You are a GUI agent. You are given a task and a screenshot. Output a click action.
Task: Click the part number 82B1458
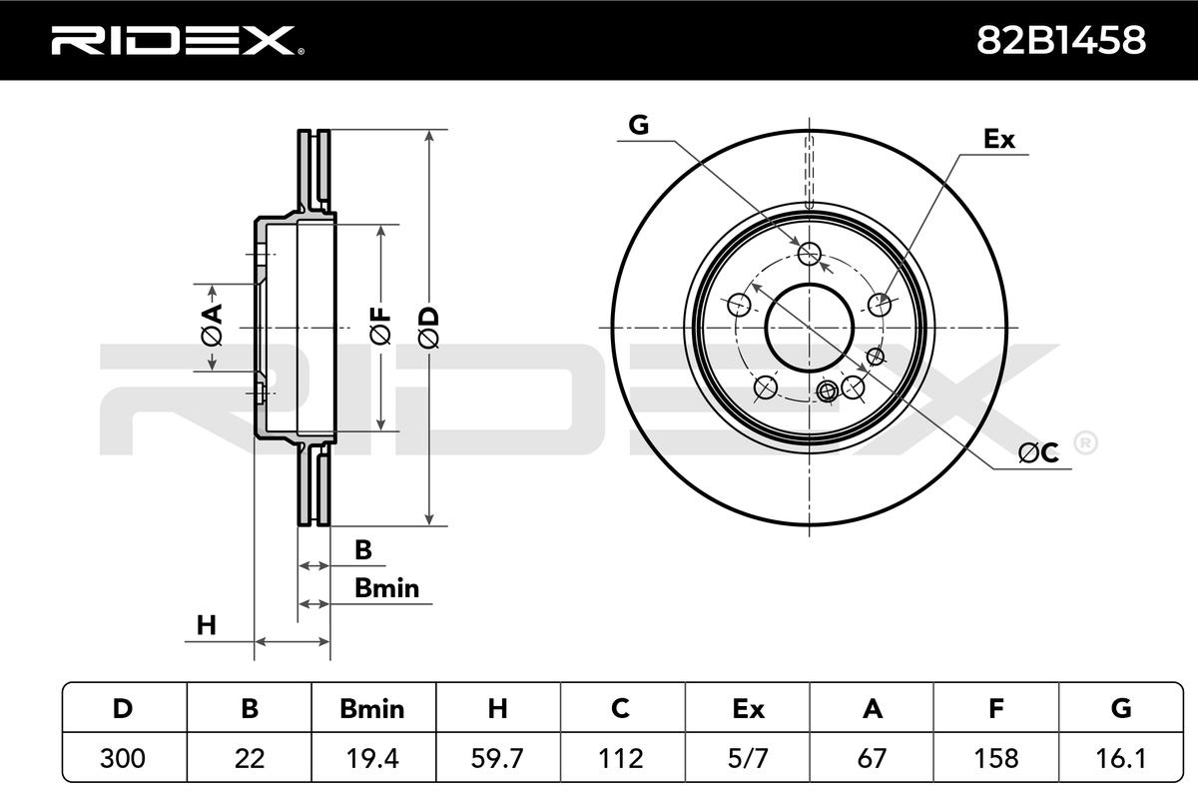pos(1061,40)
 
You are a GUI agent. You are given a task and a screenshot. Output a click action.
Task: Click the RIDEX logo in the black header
pos(178,40)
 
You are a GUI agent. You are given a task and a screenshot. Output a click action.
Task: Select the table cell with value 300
pos(123,758)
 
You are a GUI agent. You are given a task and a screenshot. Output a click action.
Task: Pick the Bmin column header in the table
pos(372,708)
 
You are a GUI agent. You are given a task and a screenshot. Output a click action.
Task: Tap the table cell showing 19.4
pos(372,758)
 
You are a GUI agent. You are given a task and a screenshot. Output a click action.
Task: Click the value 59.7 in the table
pos(497,758)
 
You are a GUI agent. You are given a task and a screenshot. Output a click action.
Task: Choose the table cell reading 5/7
pos(748,758)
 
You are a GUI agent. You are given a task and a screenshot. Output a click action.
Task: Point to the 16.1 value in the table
pos(1120,758)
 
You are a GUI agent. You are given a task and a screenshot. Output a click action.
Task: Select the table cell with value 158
pos(996,758)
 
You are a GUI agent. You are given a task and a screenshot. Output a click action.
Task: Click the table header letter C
pos(620,708)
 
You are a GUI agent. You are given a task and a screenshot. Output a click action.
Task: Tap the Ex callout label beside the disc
pos(999,139)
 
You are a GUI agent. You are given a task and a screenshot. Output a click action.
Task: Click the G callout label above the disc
pos(639,125)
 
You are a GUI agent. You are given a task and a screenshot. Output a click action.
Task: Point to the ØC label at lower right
pos(1038,453)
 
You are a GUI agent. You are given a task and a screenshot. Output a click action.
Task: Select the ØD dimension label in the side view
pos(428,328)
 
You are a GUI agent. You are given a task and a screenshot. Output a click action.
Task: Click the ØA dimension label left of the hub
pos(212,325)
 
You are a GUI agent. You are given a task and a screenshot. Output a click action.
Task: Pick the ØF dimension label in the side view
pos(380,326)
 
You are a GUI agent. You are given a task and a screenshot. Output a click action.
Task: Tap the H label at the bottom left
pos(207,625)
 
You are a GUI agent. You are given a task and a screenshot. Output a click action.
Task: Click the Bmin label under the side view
pos(386,588)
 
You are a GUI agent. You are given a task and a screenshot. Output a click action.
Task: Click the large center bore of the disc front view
pos(810,328)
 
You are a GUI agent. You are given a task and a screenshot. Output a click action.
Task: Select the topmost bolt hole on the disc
pos(810,253)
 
